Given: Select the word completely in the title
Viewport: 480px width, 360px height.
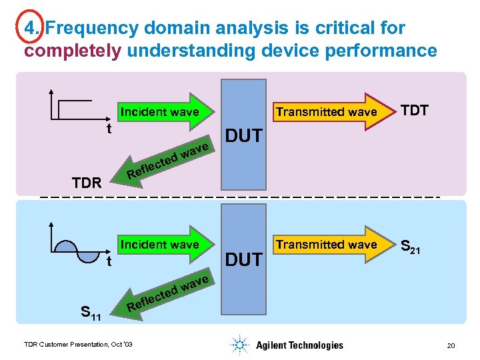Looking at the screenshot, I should pyautogui.click(x=73, y=51).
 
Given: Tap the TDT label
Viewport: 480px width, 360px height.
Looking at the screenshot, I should pyautogui.click(x=415, y=111).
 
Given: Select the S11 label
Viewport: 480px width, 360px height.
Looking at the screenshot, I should pyautogui.click(x=90, y=311).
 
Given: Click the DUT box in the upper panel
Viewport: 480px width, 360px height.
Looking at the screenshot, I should pyautogui.click(x=243, y=136).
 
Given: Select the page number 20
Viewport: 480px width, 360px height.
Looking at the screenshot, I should pyautogui.click(x=451, y=345).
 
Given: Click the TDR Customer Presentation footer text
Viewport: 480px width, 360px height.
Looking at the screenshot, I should pyautogui.click(x=78, y=344).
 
